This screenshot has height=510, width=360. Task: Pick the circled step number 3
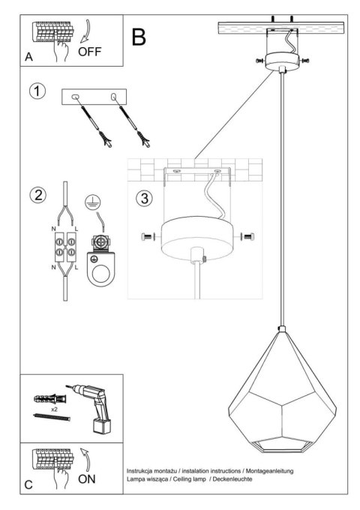click(x=145, y=199)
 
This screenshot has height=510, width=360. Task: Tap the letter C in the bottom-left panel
click(x=28, y=485)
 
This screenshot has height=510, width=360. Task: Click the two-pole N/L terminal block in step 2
click(x=64, y=249)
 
